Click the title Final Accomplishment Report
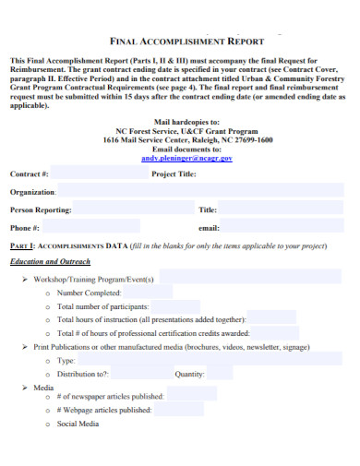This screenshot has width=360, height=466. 186,42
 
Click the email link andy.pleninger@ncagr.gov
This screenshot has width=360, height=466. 186,158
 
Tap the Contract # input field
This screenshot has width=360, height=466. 97,173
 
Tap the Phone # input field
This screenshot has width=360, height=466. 111,227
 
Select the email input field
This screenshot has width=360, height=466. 282,227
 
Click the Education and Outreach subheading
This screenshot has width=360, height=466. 49,262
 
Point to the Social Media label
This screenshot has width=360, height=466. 78,424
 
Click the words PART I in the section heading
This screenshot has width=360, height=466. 22,246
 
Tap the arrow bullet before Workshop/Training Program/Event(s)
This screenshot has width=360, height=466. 25,279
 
